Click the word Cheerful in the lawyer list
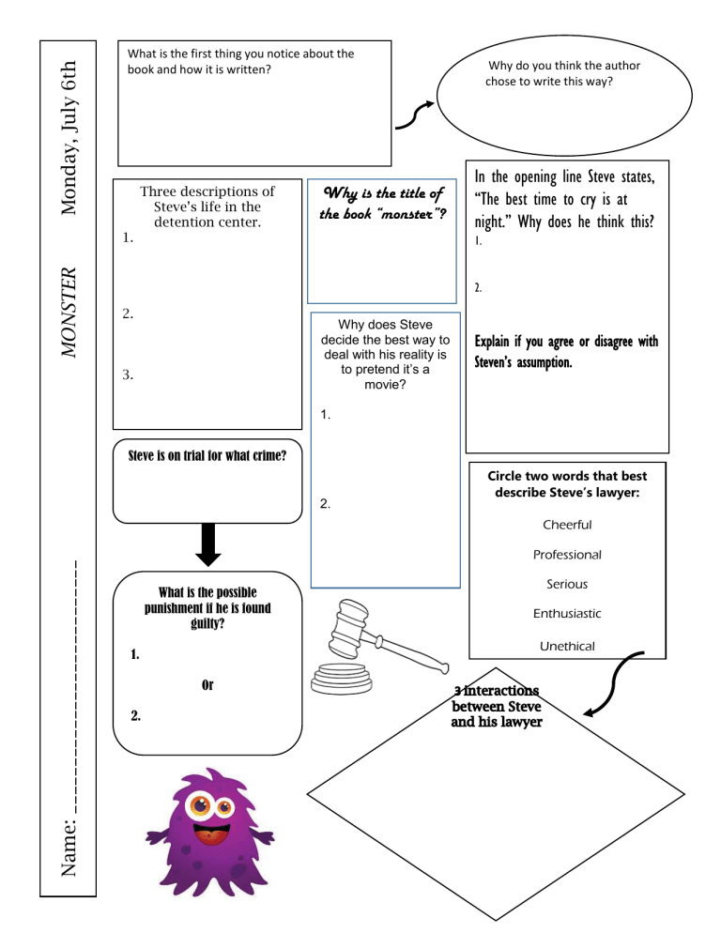567,525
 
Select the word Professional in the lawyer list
567,555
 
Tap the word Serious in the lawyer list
567,584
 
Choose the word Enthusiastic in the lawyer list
567,614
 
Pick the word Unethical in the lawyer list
567,646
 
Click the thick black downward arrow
207,545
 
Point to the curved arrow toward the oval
414,113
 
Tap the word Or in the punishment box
207,685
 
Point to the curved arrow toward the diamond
614,685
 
